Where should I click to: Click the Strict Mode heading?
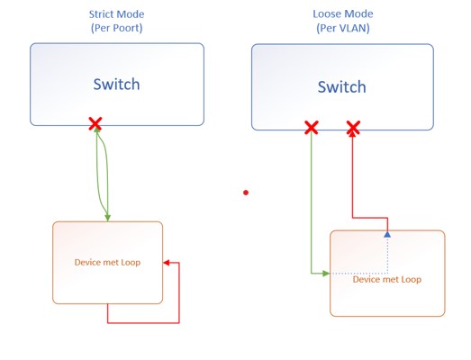(116, 14)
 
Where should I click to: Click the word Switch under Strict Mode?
(116, 85)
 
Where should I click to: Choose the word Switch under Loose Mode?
(341, 87)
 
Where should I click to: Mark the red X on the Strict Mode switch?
(95, 124)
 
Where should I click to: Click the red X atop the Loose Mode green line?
(311, 128)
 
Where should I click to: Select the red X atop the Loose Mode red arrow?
(353, 128)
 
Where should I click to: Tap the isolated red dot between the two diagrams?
(245, 192)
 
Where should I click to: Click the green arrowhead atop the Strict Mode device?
(107, 216)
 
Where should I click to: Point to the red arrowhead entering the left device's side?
(166, 263)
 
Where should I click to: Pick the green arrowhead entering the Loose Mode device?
(325, 273)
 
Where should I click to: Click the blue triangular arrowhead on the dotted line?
(387, 233)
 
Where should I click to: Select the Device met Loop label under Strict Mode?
(107, 263)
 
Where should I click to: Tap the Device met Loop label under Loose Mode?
(386, 279)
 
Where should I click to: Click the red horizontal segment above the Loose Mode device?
(369, 216)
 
